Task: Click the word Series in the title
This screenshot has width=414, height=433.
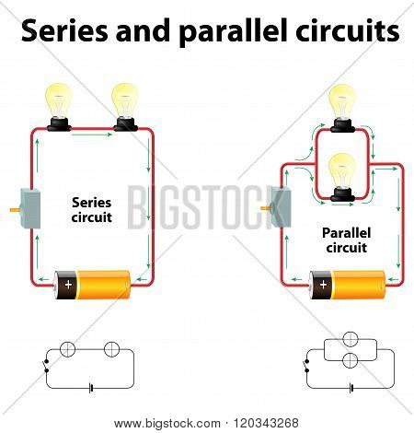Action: click(64, 30)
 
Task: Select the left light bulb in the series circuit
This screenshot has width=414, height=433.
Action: click(59, 107)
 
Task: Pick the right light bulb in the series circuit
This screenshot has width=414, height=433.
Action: click(125, 107)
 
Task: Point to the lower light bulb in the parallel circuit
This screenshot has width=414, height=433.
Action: click(342, 178)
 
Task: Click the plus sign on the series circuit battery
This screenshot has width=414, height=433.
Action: click(68, 285)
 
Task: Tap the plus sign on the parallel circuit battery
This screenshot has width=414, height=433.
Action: click(323, 285)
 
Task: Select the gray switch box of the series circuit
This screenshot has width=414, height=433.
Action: click(30, 208)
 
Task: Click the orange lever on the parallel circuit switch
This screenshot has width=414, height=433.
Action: click(266, 208)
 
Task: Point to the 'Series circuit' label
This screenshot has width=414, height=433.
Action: click(91, 210)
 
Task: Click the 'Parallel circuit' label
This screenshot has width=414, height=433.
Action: click(346, 240)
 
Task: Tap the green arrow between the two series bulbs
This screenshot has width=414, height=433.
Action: click(92, 135)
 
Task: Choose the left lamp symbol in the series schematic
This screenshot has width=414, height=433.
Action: click(67, 349)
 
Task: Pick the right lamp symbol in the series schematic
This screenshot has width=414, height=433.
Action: click(111, 349)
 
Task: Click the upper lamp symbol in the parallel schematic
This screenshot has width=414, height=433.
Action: click(351, 339)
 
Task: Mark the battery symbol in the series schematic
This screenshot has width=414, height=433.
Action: click(91, 388)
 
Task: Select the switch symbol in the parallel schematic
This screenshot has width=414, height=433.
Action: click(306, 365)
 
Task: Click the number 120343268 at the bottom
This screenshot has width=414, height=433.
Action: click(266, 423)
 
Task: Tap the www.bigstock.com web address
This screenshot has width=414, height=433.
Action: click(167, 424)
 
